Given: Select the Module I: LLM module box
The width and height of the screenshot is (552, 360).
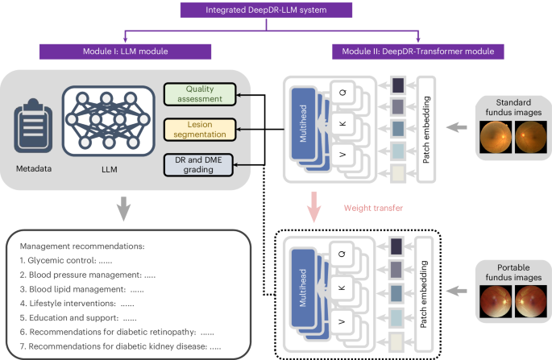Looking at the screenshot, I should (125, 52).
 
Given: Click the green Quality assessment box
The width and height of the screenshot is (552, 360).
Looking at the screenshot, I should (204, 93).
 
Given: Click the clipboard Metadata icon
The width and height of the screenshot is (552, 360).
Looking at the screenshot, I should (33, 130).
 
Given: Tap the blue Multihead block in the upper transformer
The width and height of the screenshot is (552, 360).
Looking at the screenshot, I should (303, 130).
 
